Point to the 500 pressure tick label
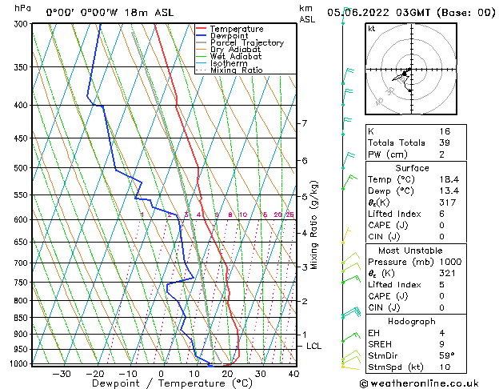21,168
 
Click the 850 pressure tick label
21,318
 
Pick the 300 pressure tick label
21,24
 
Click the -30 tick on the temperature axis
62,374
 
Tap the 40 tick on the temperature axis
293,374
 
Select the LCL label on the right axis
314,346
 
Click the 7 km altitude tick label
304,123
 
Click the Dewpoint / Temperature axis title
161,384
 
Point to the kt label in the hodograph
372,28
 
